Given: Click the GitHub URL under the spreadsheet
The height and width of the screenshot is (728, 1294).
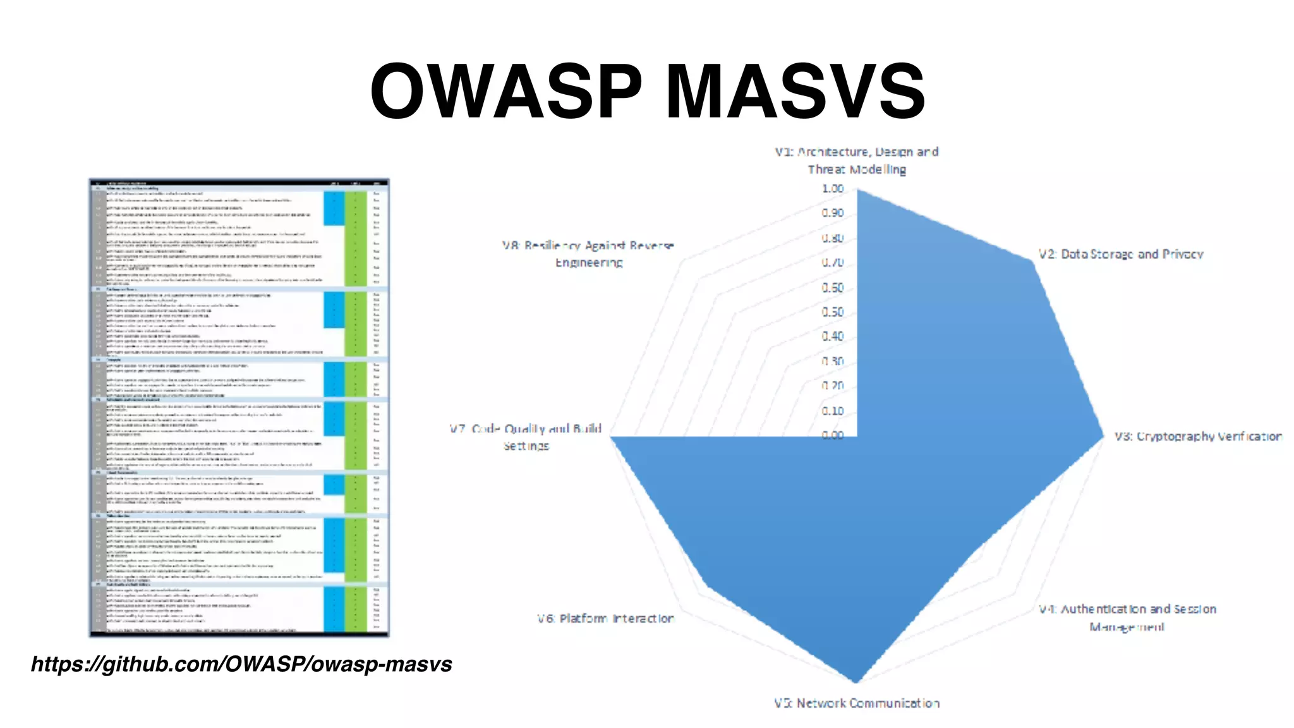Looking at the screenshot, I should click(x=241, y=664).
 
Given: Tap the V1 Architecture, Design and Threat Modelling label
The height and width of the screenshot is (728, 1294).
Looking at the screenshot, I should click(x=857, y=161).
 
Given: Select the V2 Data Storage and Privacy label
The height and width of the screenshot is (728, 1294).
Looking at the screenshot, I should click(x=1120, y=254).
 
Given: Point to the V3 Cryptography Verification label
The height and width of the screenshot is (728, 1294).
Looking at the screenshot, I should click(x=1197, y=436).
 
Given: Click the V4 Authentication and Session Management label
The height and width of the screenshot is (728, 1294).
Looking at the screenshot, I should click(x=1127, y=617).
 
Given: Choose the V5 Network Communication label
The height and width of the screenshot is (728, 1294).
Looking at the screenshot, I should click(x=857, y=703).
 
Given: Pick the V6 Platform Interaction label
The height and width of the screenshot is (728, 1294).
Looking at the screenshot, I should click(x=605, y=618).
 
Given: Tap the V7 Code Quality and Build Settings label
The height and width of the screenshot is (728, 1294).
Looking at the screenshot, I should click(x=526, y=437).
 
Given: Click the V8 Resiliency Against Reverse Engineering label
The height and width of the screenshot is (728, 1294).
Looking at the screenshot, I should click(x=588, y=253).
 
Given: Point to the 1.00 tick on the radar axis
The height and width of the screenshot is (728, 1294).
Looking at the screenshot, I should click(x=833, y=188).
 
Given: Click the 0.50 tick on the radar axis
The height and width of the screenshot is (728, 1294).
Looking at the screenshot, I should click(x=833, y=312).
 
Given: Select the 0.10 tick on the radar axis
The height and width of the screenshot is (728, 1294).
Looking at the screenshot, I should click(x=833, y=411).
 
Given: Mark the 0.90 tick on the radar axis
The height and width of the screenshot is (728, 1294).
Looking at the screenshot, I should click(x=833, y=213).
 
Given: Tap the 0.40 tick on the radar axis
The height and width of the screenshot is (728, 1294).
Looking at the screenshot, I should click(x=833, y=336).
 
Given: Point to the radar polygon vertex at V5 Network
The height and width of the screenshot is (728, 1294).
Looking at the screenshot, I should click(x=856, y=682).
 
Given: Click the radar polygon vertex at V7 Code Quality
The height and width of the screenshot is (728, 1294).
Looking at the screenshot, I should click(x=612, y=437).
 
